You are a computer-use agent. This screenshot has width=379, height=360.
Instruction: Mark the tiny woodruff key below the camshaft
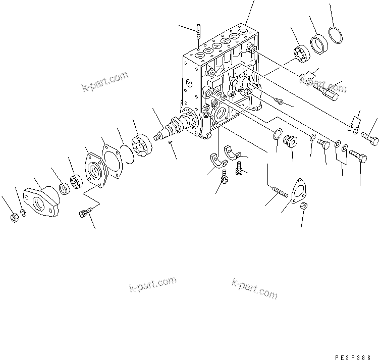(x=171, y=142)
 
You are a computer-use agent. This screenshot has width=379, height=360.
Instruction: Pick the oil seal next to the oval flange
(x=65, y=189)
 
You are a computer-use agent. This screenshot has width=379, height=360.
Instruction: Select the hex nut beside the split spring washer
(x=14, y=218)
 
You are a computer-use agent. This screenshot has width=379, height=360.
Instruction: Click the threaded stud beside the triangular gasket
(x=279, y=191)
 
